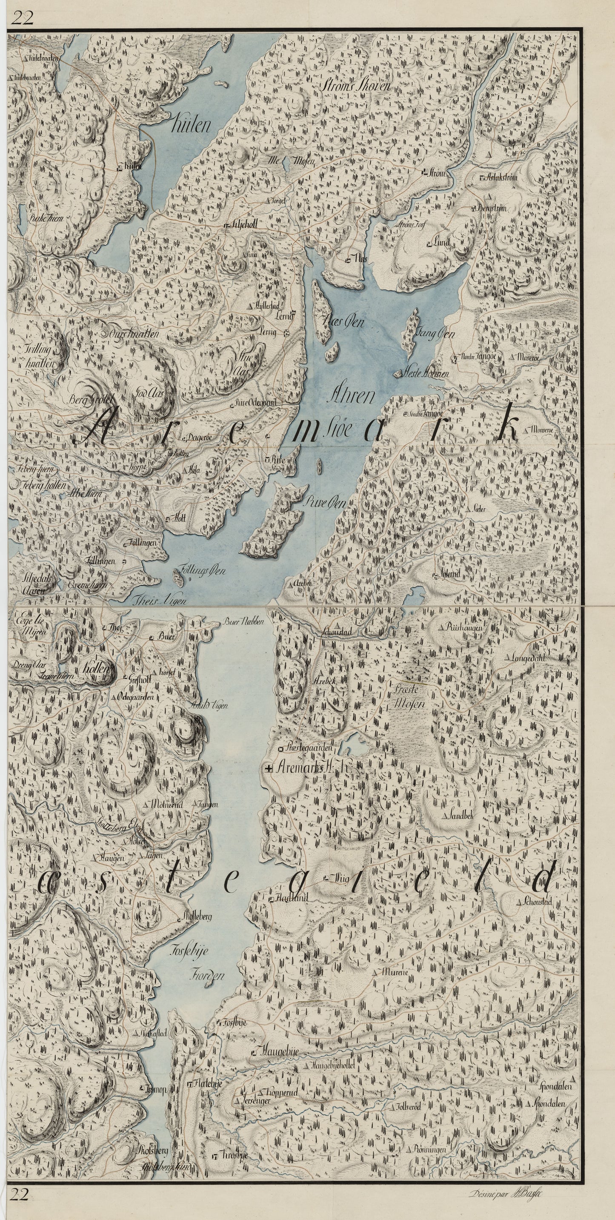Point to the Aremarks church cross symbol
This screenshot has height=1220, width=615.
tap(269, 769)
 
